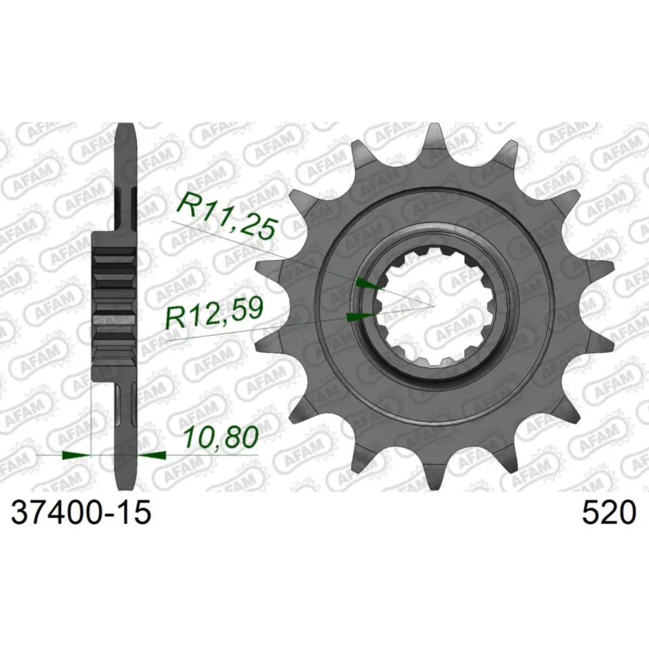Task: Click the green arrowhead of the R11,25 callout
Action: pyautogui.click(x=369, y=284)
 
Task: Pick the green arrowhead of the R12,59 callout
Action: pyautogui.click(x=360, y=317)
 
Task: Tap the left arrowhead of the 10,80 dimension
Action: pyautogui.click(x=76, y=456)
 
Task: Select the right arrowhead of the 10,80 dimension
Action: pyautogui.click(x=152, y=456)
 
